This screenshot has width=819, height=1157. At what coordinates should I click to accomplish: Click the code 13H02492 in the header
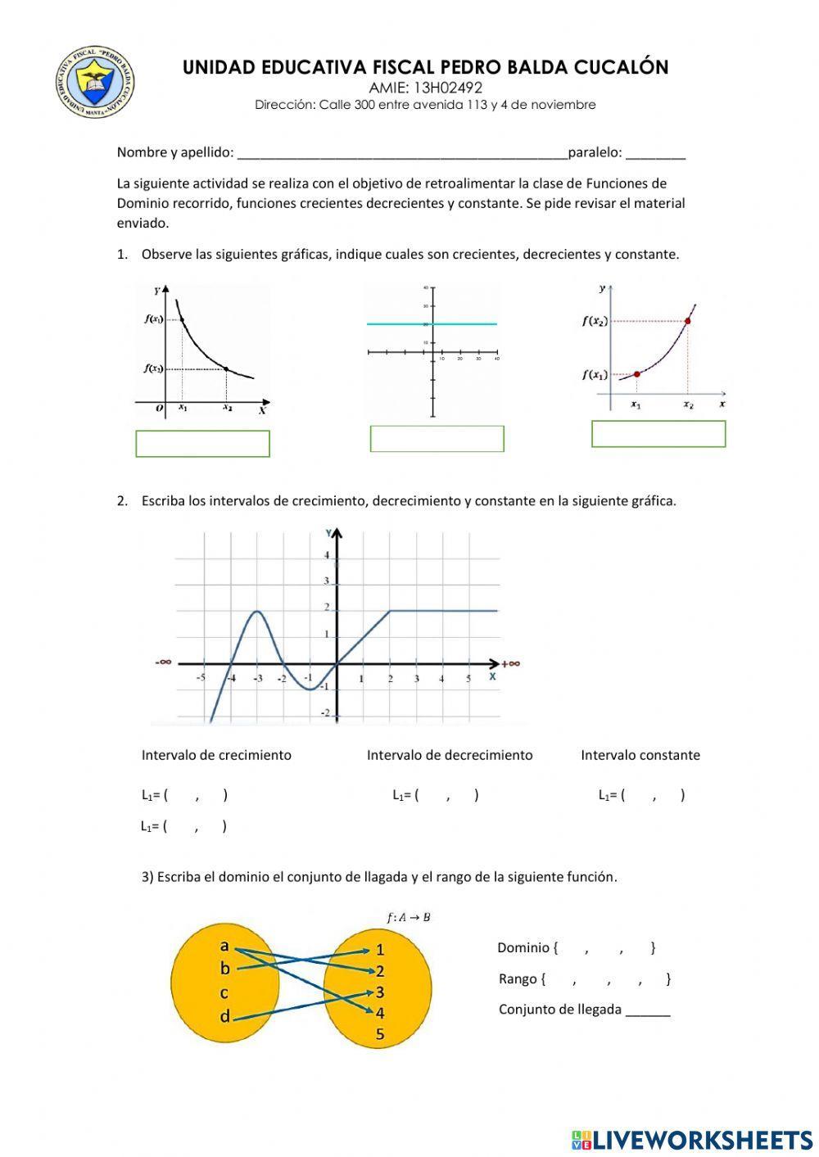pyautogui.click(x=425, y=88)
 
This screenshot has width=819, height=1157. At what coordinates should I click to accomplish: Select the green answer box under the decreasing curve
pyautogui.click(x=202, y=443)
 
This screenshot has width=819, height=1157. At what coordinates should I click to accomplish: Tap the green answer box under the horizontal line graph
pyautogui.click(x=437, y=439)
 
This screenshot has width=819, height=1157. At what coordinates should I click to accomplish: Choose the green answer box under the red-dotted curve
pyautogui.click(x=658, y=434)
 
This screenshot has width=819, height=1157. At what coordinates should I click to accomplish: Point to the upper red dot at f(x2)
pyautogui.click(x=687, y=320)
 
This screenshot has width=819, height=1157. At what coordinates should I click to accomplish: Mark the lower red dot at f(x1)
pyautogui.click(x=637, y=374)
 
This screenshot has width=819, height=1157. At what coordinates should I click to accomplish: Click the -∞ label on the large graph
pyautogui.click(x=164, y=662)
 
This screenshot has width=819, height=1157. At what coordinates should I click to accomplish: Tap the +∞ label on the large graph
pyautogui.click(x=511, y=663)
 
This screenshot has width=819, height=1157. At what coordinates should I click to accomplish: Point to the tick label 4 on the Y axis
pyautogui.click(x=326, y=555)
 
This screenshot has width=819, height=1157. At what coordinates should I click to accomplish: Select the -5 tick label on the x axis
pyautogui.click(x=201, y=678)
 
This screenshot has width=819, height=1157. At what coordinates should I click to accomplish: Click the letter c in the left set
pyautogui.click(x=224, y=992)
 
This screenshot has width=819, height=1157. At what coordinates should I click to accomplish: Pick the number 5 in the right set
pyautogui.click(x=380, y=1034)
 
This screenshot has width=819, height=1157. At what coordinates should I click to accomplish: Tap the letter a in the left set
pyautogui.click(x=224, y=946)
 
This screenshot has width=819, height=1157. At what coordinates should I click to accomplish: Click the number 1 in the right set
pyautogui.click(x=380, y=950)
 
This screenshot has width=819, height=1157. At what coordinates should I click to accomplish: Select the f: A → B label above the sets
pyautogui.click(x=409, y=917)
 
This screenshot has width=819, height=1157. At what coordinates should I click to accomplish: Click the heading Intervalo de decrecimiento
pyautogui.click(x=449, y=755)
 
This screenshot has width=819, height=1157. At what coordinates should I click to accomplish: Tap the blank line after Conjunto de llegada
pyautogui.click(x=648, y=1010)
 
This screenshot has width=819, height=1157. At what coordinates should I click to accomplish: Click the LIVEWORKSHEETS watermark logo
pyautogui.click(x=692, y=1139)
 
